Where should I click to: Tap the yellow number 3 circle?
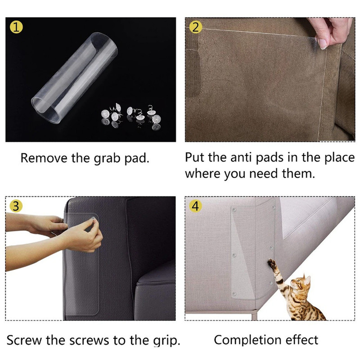pos(16,207)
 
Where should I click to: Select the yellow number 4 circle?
pos(195,207)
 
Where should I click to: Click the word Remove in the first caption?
pos(42,158)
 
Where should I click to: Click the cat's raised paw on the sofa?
pos(272,262)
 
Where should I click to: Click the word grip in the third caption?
pos(166,341)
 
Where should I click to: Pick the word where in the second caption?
pos(202,174)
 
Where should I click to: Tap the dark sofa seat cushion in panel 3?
pos(155,288)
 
